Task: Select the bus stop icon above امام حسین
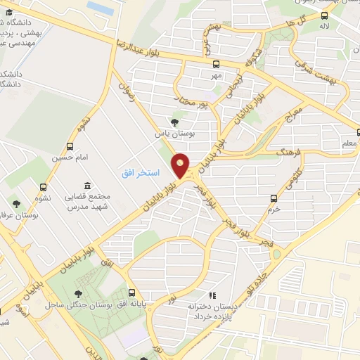69,146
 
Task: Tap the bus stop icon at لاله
324,15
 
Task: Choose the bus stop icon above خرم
274,198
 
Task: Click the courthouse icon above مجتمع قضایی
88,185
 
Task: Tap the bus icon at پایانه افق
131,292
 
